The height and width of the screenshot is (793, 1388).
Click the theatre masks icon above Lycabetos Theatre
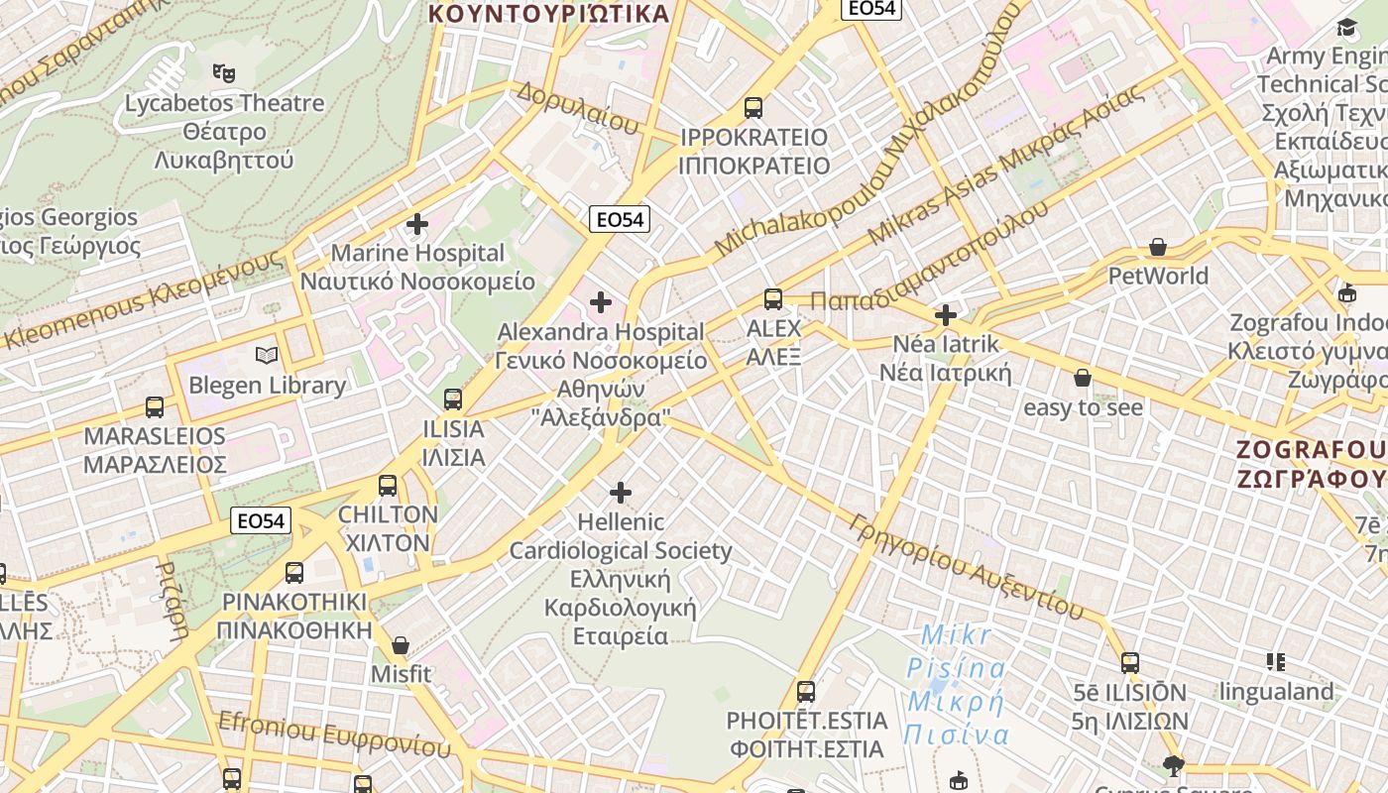tap(224, 72)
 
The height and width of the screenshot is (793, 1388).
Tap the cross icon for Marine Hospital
tap(417, 224)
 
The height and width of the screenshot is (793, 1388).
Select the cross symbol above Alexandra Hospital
tap(601, 302)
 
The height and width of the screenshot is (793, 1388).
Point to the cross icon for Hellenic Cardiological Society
tap(621, 492)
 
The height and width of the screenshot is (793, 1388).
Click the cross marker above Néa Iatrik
tap(946, 315)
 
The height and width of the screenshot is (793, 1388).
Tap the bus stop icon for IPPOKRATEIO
tap(753, 107)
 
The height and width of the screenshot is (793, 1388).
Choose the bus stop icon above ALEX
tap(773, 298)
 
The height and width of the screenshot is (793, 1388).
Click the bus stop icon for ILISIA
tap(453, 398)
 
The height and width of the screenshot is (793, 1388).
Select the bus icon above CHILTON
tap(388, 486)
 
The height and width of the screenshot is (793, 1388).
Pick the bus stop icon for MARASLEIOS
tap(155, 406)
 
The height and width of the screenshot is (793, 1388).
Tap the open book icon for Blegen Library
tap(267, 355)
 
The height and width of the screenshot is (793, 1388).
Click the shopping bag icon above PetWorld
tap(1158, 247)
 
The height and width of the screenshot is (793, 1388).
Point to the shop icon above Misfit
tap(401, 645)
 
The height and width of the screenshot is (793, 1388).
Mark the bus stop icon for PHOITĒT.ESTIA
tap(806, 691)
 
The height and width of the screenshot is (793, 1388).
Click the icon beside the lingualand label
tap(1275, 661)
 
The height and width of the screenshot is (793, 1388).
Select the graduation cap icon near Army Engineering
tap(1346, 27)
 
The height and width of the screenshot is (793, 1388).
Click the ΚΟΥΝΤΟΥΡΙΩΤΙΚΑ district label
tap(549, 13)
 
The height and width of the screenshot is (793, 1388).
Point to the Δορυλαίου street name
tap(577, 108)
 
